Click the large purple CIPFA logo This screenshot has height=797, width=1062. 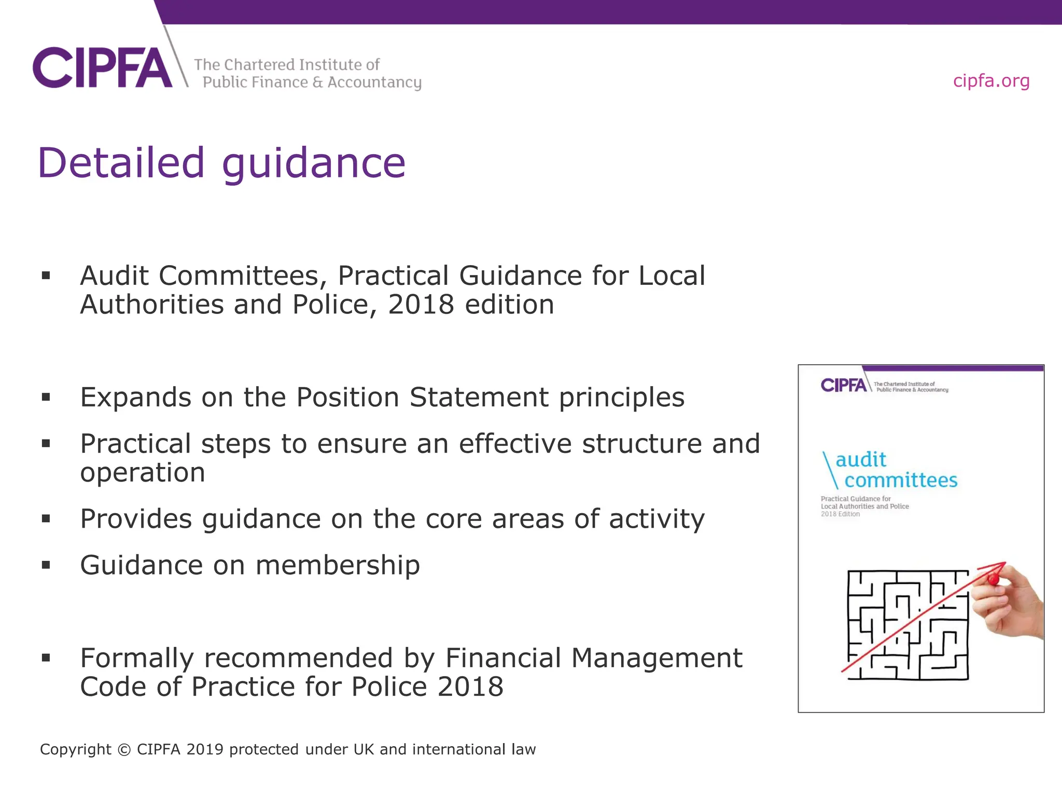click(102, 68)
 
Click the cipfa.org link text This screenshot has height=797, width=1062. click(991, 81)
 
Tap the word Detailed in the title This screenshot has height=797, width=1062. click(121, 163)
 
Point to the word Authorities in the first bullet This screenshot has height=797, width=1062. click(152, 305)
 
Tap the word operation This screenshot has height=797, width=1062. click(143, 473)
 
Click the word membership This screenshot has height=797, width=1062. click(338, 565)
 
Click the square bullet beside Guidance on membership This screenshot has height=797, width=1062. click(46, 565)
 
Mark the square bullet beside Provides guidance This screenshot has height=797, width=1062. click(46, 518)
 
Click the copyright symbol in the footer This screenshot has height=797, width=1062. click(124, 750)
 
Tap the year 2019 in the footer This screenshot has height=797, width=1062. click(204, 750)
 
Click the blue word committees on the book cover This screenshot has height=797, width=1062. click(901, 481)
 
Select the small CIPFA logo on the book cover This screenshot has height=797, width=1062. click(843, 385)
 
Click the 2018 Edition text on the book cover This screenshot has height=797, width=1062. click(840, 514)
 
